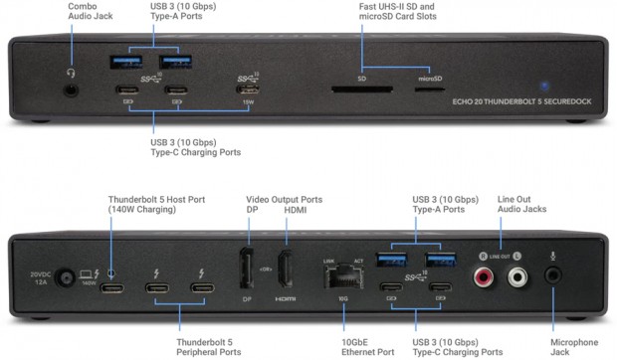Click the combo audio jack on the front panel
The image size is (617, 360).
[x=71, y=90]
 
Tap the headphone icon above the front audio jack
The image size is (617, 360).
[x=71, y=71]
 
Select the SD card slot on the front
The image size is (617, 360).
[x=361, y=90]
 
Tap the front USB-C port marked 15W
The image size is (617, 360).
[x=248, y=90]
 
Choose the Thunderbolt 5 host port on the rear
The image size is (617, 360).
[x=111, y=289]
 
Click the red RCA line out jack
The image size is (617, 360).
[x=488, y=279]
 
